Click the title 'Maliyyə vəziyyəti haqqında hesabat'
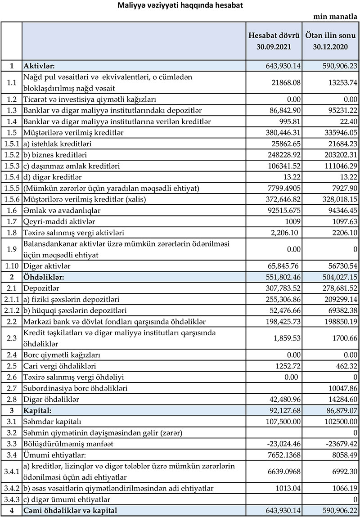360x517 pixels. pos(180,6)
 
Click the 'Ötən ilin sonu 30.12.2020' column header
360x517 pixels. pos(331,41)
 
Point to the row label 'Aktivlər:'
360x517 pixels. pos(39,66)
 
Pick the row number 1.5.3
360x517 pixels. pos(11,166)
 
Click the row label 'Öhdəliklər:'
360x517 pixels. pos(44,277)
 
